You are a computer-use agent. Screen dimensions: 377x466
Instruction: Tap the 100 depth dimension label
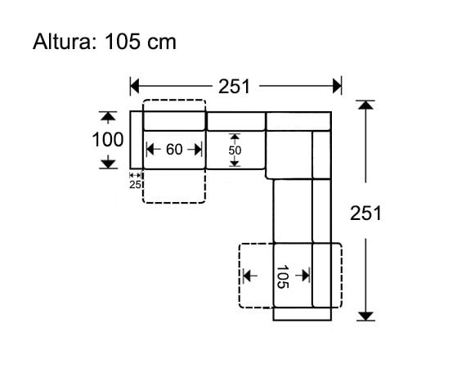[107, 140]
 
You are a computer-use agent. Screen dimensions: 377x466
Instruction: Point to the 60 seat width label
[173, 150]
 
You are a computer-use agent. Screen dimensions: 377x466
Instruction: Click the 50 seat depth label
[235, 150]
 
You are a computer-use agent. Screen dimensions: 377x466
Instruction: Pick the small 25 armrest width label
[136, 184]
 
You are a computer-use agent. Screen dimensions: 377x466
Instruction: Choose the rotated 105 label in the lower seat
[282, 276]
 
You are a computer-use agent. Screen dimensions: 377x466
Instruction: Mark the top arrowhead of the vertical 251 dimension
[365, 105]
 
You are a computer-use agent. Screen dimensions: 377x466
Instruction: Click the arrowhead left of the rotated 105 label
[247, 276]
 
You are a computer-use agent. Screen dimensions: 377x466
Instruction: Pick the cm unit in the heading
[162, 43]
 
